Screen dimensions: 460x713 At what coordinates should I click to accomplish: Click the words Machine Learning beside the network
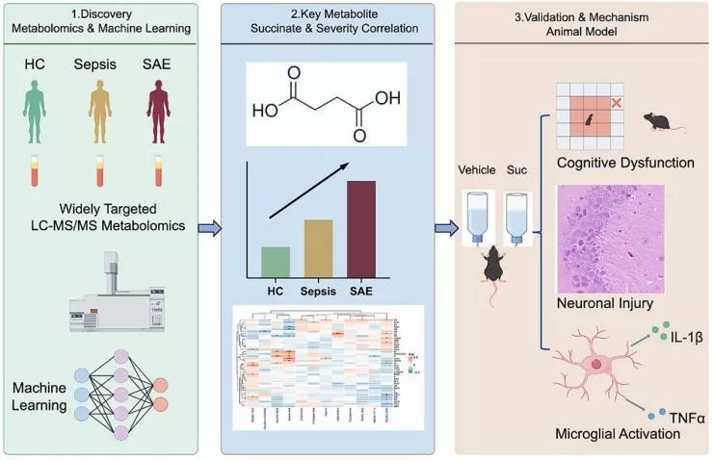click(x=40, y=396)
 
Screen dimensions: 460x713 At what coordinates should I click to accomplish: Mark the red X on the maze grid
click(x=616, y=101)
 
